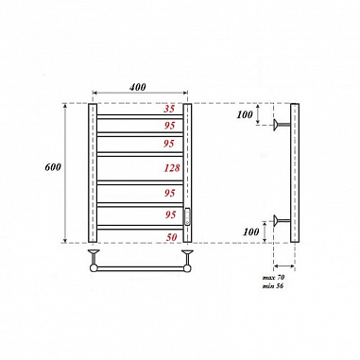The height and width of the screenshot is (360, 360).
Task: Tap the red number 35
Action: (171, 109)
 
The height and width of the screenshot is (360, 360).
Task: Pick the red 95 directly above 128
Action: (171, 143)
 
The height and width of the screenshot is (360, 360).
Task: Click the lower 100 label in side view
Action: (250, 231)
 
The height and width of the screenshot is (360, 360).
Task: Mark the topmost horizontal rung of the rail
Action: (140, 116)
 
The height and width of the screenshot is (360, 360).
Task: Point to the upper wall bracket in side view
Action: (281, 123)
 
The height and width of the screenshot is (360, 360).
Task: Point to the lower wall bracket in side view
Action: (281, 221)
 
